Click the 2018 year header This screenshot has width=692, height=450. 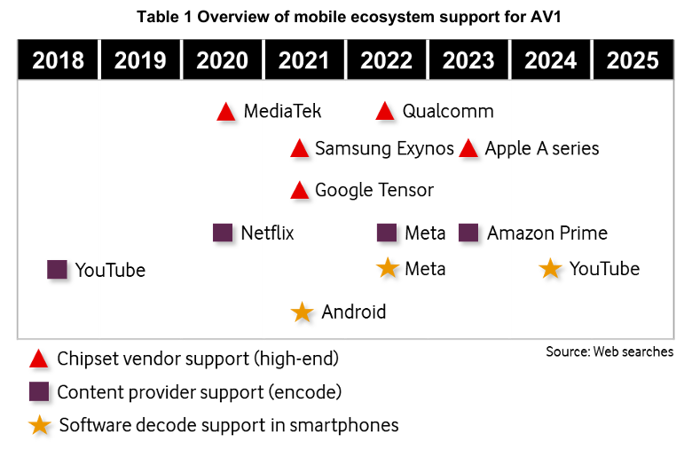(x=59, y=60)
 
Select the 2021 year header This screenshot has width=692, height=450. (x=304, y=60)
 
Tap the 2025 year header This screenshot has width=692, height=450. (x=633, y=60)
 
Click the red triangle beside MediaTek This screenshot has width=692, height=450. (x=226, y=113)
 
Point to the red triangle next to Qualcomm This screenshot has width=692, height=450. (x=385, y=112)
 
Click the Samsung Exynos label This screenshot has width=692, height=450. (x=384, y=148)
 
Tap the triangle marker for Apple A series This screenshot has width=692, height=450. (x=469, y=149)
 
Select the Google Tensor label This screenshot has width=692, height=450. (x=374, y=190)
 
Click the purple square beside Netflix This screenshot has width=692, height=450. (x=224, y=233)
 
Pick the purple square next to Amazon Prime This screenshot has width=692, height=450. (x=469, y=233)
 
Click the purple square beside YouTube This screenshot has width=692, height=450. (x=58, y=270)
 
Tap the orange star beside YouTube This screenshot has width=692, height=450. (x=551, y=268)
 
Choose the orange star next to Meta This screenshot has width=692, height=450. (x=388, y=268)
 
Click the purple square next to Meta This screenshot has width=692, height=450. (x=387, y=233)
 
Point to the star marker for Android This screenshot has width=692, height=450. (x=303, y=312)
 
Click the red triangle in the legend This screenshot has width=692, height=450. (x=39, y=359)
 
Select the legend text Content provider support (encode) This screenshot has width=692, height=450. (x=200, y=391)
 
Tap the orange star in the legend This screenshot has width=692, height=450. (x=39, y=425)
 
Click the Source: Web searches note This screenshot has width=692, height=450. (x=609, y=352)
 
